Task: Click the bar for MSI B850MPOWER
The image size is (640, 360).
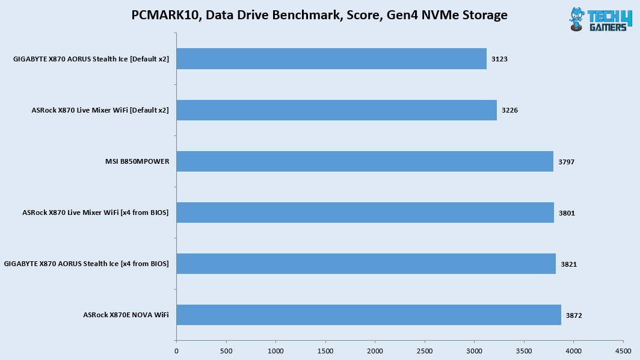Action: pos(365,161)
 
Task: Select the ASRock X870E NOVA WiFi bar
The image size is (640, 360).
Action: pos(368,315)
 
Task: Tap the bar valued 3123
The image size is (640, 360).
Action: pos(331,59)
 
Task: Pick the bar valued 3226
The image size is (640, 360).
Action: pos(336,110)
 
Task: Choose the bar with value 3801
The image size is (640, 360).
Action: pos(365,213)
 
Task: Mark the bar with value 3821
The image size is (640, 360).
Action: pos(366,264)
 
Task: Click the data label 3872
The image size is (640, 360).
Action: pos(574,315)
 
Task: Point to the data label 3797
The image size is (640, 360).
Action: pos(566,162)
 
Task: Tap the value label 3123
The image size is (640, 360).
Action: pos(499,60)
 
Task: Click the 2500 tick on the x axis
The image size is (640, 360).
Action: pos(425,350)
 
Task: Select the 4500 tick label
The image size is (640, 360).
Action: pos(623,350)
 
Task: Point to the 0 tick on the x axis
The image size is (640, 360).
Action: pos(176,350)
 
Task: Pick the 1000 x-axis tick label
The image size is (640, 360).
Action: pos(275,350)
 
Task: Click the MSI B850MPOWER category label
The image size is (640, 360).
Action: pos(137,161)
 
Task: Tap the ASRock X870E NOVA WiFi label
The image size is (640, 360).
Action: pos(126,315)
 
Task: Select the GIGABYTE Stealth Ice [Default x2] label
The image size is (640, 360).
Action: pos(91,59)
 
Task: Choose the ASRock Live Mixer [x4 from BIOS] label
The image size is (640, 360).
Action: pos(95,213)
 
